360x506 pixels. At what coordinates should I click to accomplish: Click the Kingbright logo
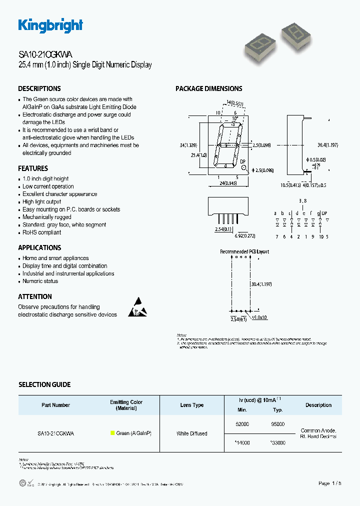(50, 26)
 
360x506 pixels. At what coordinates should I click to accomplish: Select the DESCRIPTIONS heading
(39, 88)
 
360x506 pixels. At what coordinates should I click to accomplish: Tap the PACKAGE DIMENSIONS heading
(208, 88)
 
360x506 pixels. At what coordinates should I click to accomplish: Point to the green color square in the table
(112, 433)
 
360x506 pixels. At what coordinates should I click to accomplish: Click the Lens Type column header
(192, 405)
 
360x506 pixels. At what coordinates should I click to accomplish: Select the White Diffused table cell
(192, 433)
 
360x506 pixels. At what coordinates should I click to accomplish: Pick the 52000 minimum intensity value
(241, 424)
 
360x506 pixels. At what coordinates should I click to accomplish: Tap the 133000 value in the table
(277, 443)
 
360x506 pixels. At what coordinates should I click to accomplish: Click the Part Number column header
(56, 405)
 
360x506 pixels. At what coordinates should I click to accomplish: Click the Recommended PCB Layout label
(244, 251)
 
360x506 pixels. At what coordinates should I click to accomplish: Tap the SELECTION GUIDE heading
(44, 384)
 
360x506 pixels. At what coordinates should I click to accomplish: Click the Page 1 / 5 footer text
(329, 483)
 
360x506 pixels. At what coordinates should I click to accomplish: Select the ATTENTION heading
(35, 296)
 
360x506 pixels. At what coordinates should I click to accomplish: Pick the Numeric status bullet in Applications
(40, 281)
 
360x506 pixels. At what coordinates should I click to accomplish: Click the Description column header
(318, 405)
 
